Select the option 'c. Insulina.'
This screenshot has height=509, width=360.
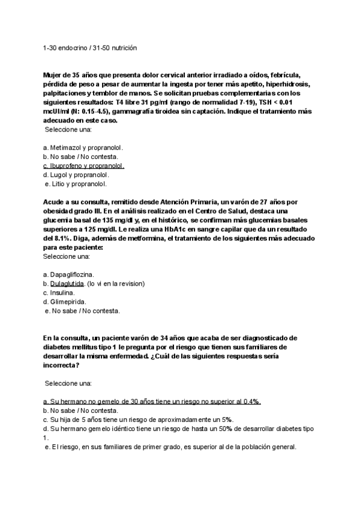(59, 292)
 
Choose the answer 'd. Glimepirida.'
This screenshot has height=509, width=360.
(65, 301)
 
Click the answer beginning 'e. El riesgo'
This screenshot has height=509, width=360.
(171, 447)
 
